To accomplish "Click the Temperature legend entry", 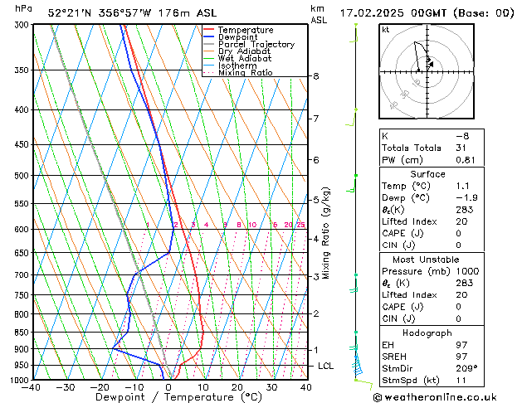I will pyautogui.click(x=245, y=30).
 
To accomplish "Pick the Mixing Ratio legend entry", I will pyautogui.click(x=245, y=73).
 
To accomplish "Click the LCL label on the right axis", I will pyautogui.click(x=326, y=366).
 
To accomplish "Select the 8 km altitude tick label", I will pyautogui.click(x=316, y=76).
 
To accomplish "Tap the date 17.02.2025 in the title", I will pyautogui.click(x=378, y=12).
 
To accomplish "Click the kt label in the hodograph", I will pyautogui.click(x=385, y=29).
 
